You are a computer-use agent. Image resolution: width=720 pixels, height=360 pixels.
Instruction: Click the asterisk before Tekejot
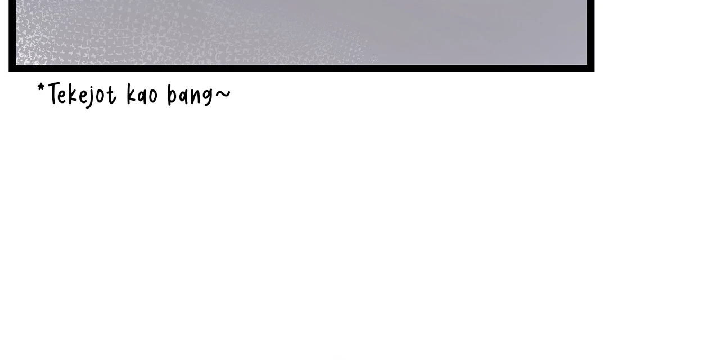click(x=41, y=87)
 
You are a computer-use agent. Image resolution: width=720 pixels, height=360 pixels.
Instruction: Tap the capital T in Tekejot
click(x=55, y=93)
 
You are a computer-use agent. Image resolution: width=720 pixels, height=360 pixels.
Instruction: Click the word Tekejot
click(x=82, y=95)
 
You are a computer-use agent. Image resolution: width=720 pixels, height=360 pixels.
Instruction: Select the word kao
click(x=142, y=94)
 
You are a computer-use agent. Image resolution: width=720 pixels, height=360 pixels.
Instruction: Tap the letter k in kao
click(x=131, y=94)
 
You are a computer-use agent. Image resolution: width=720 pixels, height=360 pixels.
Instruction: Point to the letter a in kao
click(x=142, y=97)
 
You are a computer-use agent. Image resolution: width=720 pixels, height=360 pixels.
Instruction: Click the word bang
click(x=190, y=95)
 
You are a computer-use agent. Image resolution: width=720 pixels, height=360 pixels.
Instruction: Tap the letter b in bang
click(x=172, y=95)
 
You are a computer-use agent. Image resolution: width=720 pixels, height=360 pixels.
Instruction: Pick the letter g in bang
click(x=208, y=98)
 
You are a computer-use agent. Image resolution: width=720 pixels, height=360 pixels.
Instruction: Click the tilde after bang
click(x=223, y=93)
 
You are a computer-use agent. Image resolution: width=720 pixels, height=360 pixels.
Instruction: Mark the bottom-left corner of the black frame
click(x=8, y=71)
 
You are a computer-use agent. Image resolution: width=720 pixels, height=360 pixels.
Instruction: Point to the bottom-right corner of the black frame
click(x=594, y=71)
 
